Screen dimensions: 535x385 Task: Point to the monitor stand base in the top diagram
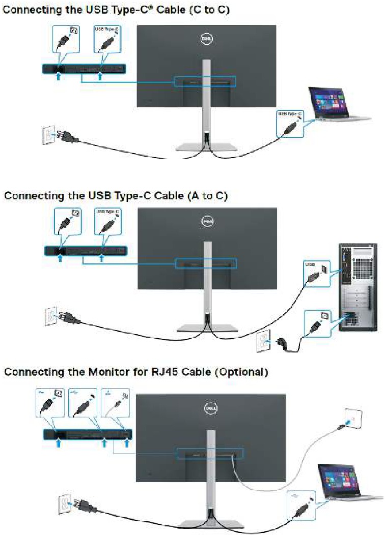point(206,147)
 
